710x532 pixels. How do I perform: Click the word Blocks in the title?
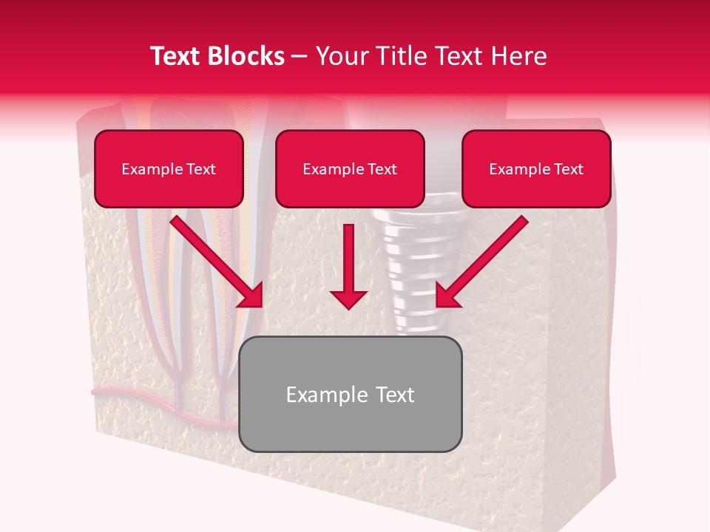coord(247,56)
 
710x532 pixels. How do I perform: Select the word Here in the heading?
coord(518,56)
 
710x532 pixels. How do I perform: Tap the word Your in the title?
coord(337,56)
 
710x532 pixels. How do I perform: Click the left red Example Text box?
coord(169,169)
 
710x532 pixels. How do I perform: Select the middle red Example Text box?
coord(350,169)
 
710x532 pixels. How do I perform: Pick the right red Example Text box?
coord(536,169)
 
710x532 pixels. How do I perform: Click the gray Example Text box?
coord(351,395)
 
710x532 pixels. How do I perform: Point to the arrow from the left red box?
coord(214,259)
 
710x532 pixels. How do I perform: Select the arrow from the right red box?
coord(484,259)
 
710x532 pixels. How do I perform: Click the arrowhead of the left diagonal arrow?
coord(251,296)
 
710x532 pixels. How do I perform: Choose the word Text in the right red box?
coord(569,169)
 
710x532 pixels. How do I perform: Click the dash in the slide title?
coord(300,56)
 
